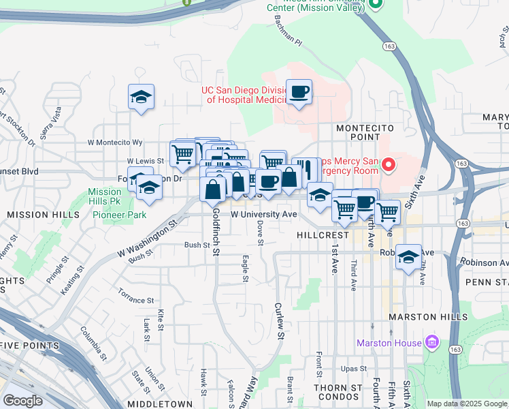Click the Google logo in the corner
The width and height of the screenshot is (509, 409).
tap(23, 400)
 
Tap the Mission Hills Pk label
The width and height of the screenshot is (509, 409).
tap(104, 197)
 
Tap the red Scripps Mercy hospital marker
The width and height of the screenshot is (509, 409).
tap(389, 164)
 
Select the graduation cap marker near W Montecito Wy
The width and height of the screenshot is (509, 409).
tap(141, 97)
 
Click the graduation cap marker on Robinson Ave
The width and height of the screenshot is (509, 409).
tap(408, 257)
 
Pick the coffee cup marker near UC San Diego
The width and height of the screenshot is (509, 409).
tap(299, 91)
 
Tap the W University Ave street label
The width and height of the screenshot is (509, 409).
tap(264, 214)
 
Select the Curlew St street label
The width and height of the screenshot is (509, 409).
tap(279, 320)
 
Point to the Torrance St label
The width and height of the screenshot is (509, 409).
tap(135, 300)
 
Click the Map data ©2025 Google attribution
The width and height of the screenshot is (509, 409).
tap(467, 404)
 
